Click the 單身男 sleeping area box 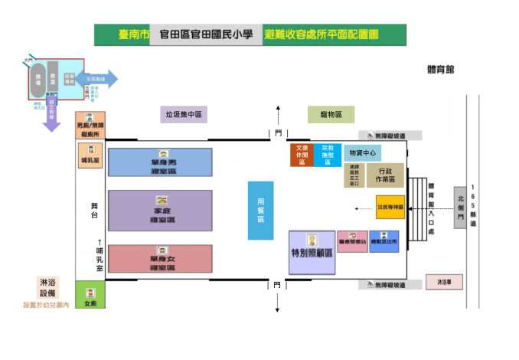(x=160, y=163)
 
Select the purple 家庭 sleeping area (x=160, y=210)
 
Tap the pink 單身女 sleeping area (x=160, y=259)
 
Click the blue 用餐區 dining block (x=260, y=210)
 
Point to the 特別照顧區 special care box (x=312, y=252)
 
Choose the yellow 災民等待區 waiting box (x=390, y=208)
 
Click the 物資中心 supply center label (x=361, y=153)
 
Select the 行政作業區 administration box (x=386, y=175)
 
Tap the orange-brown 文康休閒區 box (x=301, y=155)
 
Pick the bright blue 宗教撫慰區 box (x=328, y=155)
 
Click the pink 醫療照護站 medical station (x=352, y=241)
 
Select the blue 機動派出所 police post (x=384, y=241)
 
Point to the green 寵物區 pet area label (x=331, y=115)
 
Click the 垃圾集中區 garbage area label (x=184, y=115)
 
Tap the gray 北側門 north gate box (x=459, y=206)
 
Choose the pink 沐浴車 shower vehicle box (x=445, y=281)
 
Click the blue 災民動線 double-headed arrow (x=96, y=78)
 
